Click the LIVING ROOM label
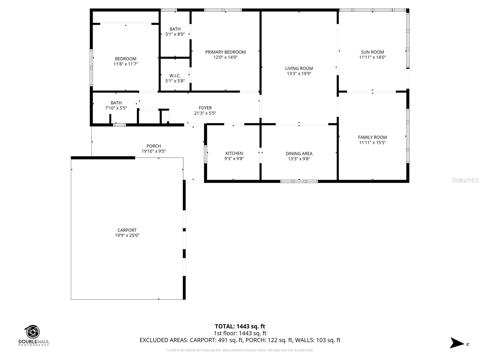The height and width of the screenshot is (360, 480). click(x=299, y=68)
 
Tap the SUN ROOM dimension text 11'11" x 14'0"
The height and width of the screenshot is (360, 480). click(x=372, y=57)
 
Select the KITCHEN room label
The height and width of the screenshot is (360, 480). click(x=234, y=153)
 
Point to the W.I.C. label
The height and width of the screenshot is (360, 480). click(x=175, y=76)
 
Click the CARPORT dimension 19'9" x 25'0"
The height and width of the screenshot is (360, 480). click(x=127, y=235)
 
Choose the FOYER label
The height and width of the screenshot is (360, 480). click(x=205, y=108)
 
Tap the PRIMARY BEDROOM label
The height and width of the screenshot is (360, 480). click(x=225, y=52)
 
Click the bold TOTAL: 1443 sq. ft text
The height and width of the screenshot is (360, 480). click(x=240, y=326)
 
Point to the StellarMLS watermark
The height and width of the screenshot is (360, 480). click(x=465, y=180)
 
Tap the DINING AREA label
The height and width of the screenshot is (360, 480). click(x=299, y=154)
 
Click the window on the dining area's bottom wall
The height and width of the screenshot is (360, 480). click(x=299, y=181)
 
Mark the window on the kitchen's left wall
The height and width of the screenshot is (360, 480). click(x=205, y=154)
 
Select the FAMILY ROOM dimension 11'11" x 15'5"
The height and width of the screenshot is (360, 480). click(x=372, y=142)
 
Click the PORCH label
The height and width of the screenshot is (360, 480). click(x=154, y=146)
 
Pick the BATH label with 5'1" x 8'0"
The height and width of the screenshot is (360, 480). click(x=175, y=29)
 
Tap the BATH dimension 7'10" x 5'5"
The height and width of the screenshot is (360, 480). click(x=116, y=108)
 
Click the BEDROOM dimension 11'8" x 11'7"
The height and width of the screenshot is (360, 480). click(x=126, y=64)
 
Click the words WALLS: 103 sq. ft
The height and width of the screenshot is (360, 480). click(x=318, y=340)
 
